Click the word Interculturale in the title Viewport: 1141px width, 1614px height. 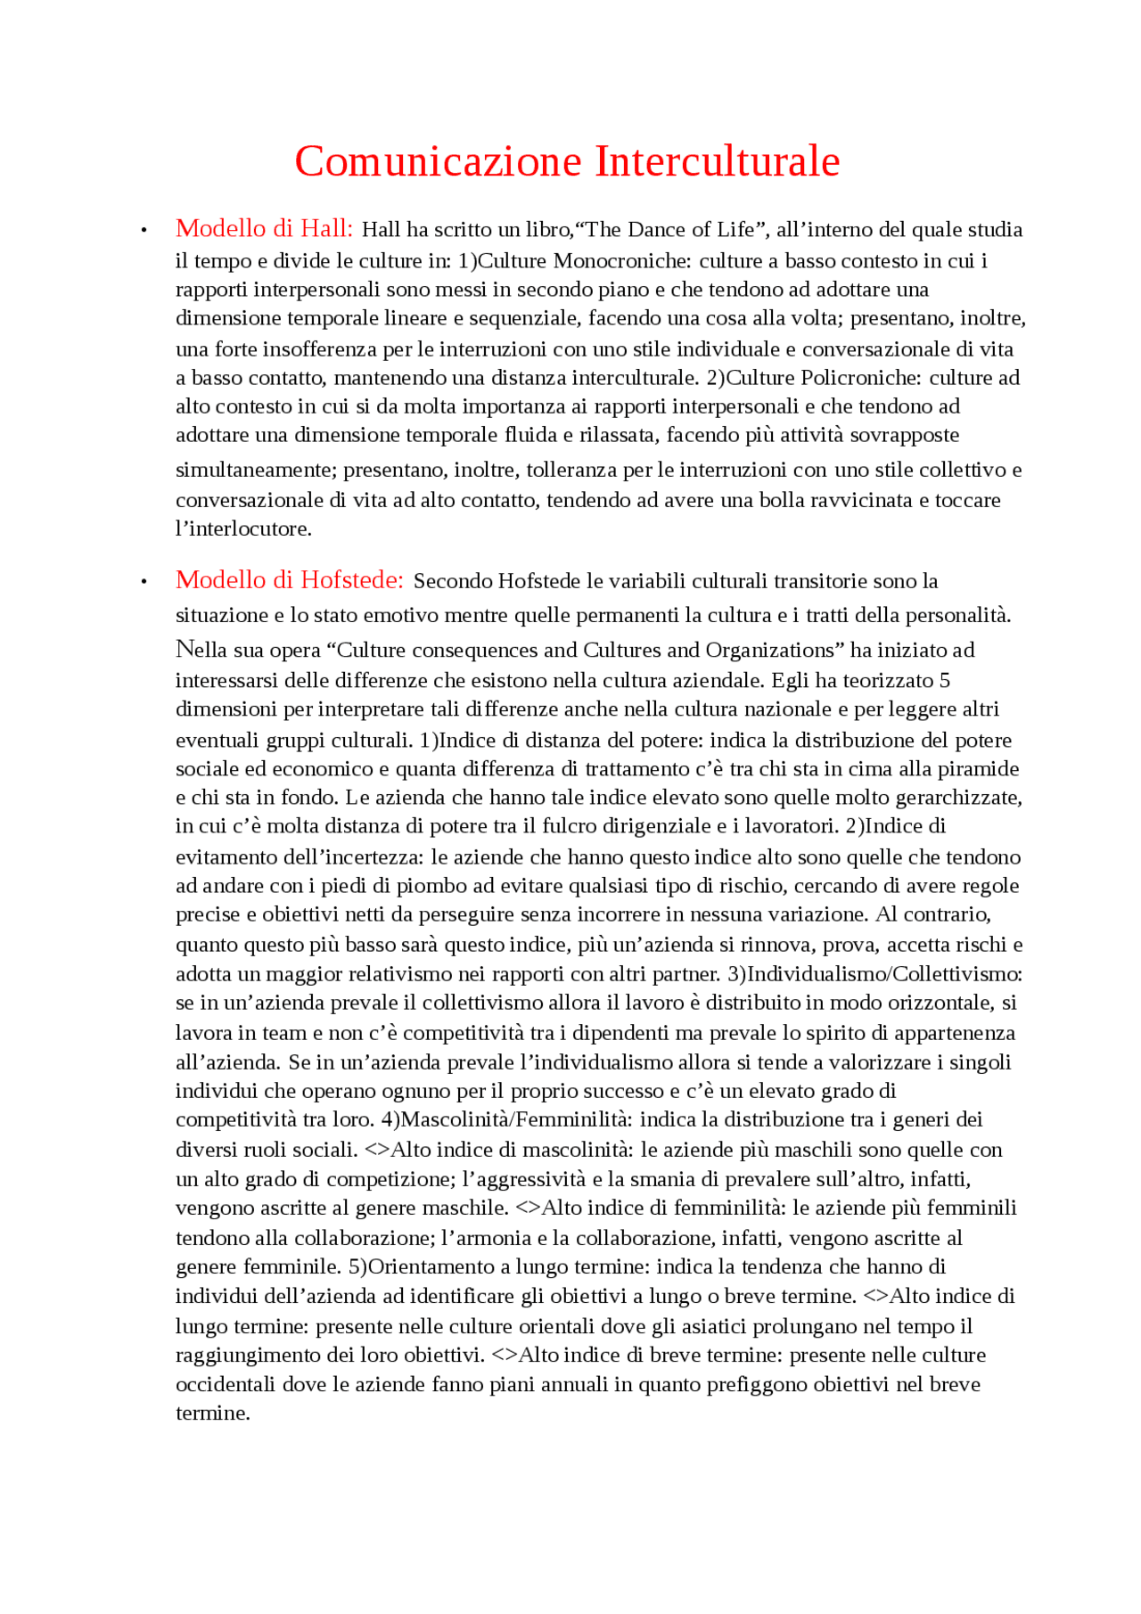pos(717,162)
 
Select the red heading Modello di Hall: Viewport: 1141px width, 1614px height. pos(264,229)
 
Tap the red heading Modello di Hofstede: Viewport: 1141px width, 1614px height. pos(290,580)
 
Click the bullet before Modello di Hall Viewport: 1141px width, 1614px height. pos(144,232)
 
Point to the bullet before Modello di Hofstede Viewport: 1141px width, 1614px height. pos(144,583)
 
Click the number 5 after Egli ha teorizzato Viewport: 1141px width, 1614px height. pos(944,681)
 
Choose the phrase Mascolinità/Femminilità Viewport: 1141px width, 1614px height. pos(516,1120)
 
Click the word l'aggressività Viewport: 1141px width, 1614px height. pos(523,1180)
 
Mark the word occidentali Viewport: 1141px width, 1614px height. pos(226,1385)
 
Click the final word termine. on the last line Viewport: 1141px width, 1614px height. pos(212,1413)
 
